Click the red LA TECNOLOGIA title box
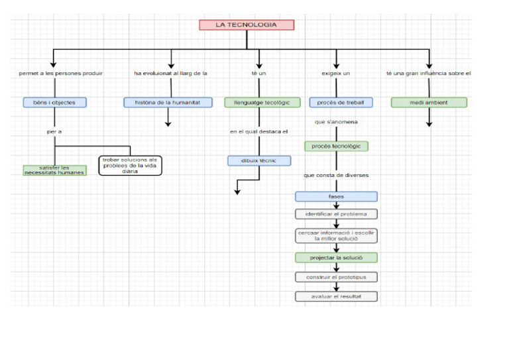point(247,25)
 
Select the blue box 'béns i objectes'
point(54,103)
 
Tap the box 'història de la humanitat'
point(168,103)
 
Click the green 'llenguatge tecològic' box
point(258,103)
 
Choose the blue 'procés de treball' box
point(341,103)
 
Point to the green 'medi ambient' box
point(429,103)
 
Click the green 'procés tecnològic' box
point(337,146)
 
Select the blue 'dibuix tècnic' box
point(259,160)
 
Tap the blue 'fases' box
point(336,197)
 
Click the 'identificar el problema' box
point(336,214)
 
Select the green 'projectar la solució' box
point(336,257)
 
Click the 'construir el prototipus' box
point(336,277)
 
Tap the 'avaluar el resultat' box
point(336,296)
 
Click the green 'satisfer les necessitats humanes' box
point(54,170)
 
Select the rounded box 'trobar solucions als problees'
point(130,165)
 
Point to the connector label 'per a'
point(54,132)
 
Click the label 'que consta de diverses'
point(336,175)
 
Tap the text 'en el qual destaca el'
point(259,132)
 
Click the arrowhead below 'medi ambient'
point(429,123)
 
